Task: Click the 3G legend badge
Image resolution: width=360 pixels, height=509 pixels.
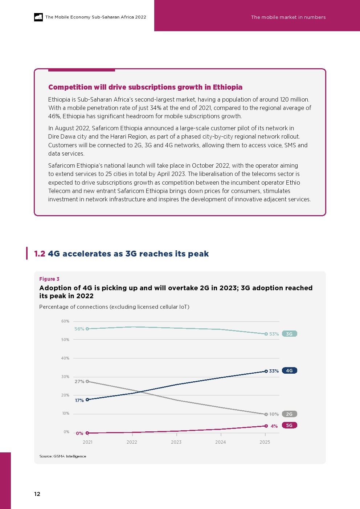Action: [289, 334]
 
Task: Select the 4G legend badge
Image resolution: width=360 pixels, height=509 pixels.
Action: [289, 371]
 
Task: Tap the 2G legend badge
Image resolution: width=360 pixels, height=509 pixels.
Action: [289, 414]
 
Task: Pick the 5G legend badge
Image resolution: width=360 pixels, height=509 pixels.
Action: [289, 425]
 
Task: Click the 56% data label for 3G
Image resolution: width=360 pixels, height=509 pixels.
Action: [79, 329]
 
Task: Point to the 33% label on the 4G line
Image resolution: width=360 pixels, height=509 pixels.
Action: [274, 371]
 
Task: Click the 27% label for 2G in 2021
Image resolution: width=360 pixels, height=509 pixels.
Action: [79, 382]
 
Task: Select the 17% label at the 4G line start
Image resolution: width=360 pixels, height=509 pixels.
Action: [79, 401]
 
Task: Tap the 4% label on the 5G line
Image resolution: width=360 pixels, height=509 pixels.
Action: [274, 426]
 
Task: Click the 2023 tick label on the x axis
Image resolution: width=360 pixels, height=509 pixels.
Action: [176, 442]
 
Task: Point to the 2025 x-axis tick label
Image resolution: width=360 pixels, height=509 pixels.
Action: [265, 442]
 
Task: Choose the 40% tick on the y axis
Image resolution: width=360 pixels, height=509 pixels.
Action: [65, 358]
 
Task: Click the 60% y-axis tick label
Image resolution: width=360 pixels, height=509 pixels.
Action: [65, 321]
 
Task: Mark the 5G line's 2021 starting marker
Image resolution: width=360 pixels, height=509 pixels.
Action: [87, 433]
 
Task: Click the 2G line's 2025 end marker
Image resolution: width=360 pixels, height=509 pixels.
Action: [266, 414]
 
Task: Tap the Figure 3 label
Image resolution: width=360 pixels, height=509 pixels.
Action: [49, 279]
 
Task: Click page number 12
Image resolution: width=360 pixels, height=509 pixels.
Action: [37, 494]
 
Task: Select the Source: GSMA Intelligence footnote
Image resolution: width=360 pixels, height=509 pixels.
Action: [63, 456]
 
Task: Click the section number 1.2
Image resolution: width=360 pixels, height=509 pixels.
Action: [40, 254]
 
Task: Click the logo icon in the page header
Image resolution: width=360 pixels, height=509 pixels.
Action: [38, 17]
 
